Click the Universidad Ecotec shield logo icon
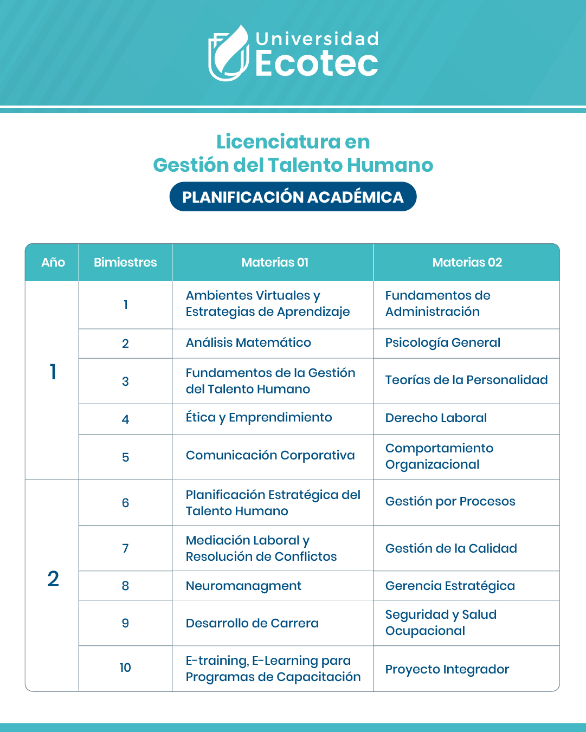228,53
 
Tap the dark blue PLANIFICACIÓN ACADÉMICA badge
293,197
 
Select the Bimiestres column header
125,262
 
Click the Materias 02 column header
467,262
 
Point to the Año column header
53,262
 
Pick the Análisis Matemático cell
248,343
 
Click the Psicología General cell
442,343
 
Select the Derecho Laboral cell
436,418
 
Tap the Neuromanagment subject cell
243,586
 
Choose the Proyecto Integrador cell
447,669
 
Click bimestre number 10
125,668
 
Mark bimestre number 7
125,548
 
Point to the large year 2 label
53,579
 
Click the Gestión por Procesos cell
450,502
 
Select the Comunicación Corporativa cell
270,456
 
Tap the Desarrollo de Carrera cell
252,623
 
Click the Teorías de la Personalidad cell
466,380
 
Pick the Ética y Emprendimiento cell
259,418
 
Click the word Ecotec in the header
317,64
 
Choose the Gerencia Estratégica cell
450,586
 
